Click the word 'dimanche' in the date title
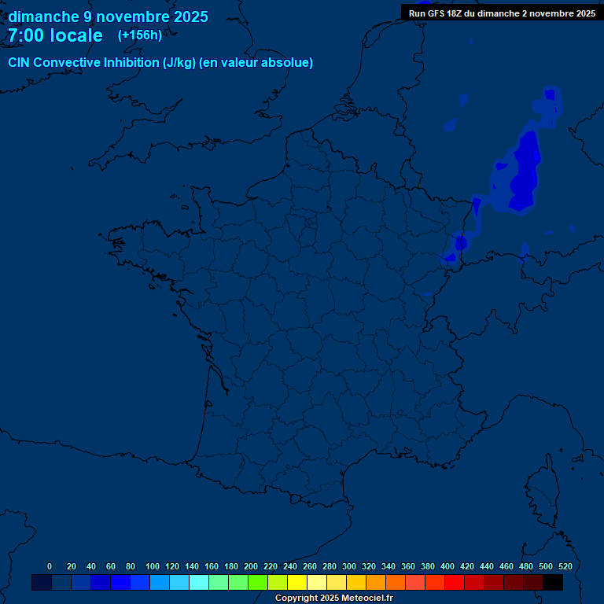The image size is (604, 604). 42,17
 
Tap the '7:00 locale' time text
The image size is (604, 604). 55,35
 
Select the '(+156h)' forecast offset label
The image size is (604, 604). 139,35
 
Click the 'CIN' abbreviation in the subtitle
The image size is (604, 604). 19,63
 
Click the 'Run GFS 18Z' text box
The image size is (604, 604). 502,13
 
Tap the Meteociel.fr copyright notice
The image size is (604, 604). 333,598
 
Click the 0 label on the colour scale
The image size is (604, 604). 50,566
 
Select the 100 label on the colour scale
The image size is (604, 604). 153,566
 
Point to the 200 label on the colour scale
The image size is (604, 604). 251,566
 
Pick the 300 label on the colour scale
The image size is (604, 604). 349,566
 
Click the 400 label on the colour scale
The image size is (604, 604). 447,566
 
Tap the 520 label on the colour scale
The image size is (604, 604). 565,566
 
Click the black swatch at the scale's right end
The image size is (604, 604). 553,582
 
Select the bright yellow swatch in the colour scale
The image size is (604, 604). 297,582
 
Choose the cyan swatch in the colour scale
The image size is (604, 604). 199,582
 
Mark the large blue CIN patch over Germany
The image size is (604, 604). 524,173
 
